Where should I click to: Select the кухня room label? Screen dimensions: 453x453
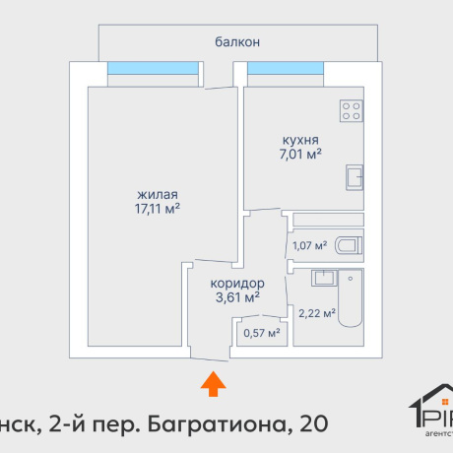pos(300,140)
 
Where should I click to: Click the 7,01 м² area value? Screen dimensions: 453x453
pos(300,155)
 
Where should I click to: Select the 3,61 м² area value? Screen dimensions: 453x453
pos(237,294)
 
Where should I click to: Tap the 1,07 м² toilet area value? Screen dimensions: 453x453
pos(309,245)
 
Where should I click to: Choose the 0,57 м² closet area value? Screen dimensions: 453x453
pos(261,332)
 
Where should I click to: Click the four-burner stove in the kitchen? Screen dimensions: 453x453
pos(352,111)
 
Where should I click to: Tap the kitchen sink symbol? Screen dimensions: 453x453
pos(355,177)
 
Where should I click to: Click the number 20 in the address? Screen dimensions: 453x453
pos(308,423)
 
